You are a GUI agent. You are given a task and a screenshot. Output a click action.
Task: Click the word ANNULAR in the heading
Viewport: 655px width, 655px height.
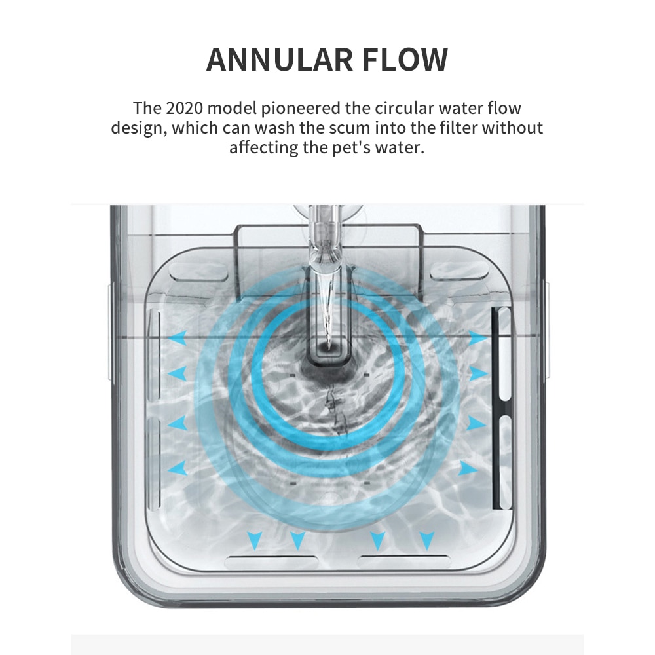[277, 60]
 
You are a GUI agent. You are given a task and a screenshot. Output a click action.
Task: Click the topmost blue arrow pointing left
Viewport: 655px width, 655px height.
[178, 339]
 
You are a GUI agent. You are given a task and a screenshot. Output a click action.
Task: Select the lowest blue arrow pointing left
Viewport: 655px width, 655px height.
[178, 468]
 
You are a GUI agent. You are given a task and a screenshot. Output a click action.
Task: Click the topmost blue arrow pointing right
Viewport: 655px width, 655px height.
[478, 339]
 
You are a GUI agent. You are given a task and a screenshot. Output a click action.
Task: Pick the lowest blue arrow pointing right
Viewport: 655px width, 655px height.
[468, 468]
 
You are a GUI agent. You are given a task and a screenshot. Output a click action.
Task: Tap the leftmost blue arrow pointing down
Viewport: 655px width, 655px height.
[255, 540]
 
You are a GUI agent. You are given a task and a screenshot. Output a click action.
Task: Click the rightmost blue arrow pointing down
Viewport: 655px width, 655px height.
[427, 540]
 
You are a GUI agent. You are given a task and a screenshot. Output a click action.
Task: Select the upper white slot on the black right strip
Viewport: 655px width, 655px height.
[505, 354]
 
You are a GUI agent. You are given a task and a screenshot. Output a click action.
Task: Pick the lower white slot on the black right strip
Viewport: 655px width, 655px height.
[505, 462]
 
